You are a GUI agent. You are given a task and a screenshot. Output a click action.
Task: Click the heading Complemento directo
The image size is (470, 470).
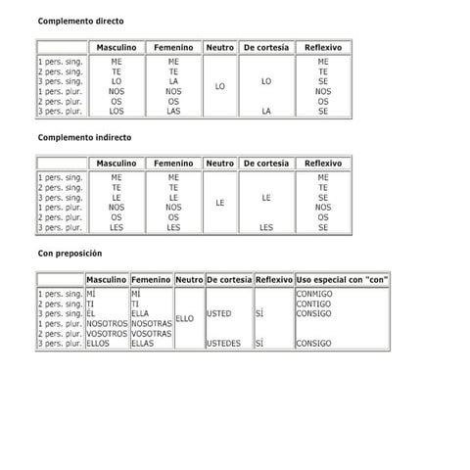click(x=80, y=21)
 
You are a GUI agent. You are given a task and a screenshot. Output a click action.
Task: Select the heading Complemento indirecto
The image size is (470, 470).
click(x=84, y=137)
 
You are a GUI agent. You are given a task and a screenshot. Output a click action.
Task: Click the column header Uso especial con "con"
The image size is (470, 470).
click(x=343, y=279)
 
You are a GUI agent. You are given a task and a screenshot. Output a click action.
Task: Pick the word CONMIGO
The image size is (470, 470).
click(x=314, y=294)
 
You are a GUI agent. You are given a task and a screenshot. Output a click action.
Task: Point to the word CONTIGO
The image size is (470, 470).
click(x=313, y=304)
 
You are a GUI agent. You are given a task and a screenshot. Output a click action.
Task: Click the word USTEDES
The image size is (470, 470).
click(x=223, y=344)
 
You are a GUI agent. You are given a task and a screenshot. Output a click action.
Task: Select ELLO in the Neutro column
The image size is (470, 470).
click(x=184, y=318)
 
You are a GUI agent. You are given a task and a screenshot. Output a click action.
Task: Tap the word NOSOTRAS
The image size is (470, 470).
click(x=151, y=323)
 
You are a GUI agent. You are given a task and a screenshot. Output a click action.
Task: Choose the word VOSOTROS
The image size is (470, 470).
click(x=107, y=334)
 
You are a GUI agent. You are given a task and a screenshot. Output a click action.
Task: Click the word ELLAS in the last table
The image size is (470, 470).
click(x=142, y=344)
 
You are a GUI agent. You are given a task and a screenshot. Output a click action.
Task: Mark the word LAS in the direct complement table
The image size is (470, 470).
click(x=173, y=112)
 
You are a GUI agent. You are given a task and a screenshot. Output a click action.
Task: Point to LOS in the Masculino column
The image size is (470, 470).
click(x=117, y=112)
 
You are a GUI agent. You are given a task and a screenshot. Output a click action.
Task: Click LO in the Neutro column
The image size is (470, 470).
click(x=219, y=86)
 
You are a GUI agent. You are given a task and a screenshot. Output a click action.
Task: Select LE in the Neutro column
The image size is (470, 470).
click(x=219, y=203)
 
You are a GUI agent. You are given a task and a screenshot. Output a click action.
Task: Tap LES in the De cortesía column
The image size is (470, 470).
click(x=266, y=227)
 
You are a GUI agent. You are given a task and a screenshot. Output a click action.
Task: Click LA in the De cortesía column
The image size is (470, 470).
click(x=266, y=112)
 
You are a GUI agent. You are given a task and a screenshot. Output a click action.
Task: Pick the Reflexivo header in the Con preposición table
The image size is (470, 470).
click(x=273, y=279)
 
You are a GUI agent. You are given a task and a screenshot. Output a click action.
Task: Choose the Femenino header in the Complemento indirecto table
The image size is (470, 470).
click(x=173, y=163)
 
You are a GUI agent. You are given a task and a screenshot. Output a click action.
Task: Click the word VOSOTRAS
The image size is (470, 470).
click(x=151, y=334)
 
